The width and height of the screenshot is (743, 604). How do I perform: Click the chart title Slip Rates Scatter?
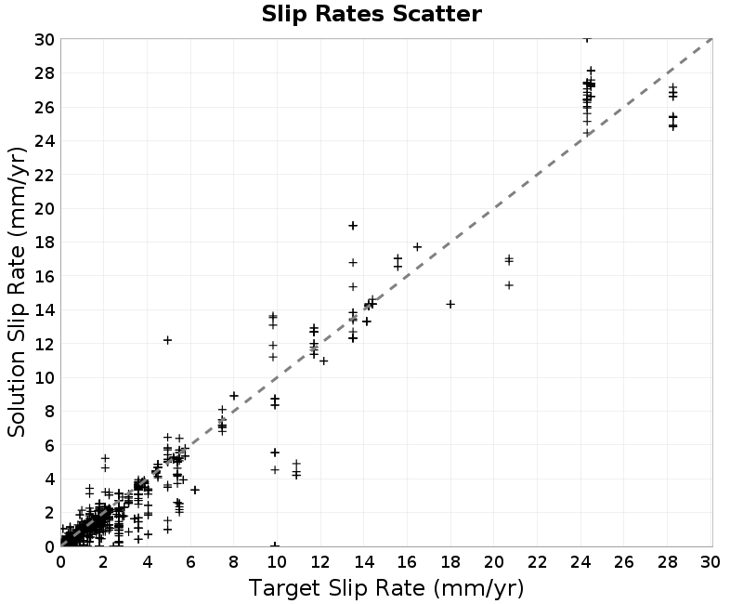(x=371, y=14)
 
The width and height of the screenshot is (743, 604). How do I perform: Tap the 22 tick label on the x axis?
(x=537, y=562)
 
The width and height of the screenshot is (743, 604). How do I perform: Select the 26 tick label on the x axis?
(x=623, y=562)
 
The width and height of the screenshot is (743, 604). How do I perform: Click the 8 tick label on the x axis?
(x=234, y=562)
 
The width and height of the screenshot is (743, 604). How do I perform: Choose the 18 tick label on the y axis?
(x=45, y=243)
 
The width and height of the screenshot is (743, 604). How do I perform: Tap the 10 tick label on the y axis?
(x=45, y=378)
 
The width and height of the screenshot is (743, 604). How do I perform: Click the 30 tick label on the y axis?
(x=45, y=39)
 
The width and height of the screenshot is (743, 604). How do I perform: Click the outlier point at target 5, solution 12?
(x=167, y=340)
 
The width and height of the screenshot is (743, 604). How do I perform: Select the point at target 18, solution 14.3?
(x=450, y=304)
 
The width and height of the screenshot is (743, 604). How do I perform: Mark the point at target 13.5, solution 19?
(x=353, y=226)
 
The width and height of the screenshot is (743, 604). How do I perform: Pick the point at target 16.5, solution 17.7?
(x=417, y=246)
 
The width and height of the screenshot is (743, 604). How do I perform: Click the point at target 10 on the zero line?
(x=275, y=545)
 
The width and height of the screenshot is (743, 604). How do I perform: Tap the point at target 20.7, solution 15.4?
(x=509, y=285)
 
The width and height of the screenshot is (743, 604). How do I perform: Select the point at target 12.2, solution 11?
(x=323, y=361)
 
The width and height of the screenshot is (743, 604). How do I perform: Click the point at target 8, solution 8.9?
(x=234, y=396)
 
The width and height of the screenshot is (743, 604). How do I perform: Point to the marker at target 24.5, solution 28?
(x=591, y=71)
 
